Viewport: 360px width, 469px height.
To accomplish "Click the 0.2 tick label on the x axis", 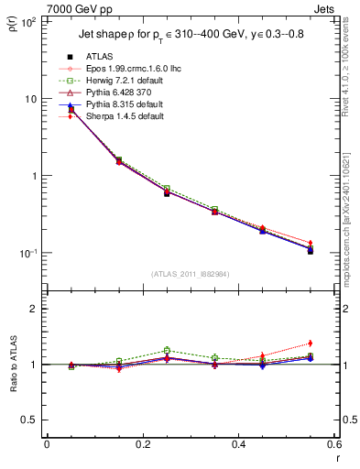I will (142, 445).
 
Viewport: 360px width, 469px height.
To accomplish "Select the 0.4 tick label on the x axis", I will (238, 445).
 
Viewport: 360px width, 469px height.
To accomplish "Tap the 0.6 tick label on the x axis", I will (333, 445).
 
